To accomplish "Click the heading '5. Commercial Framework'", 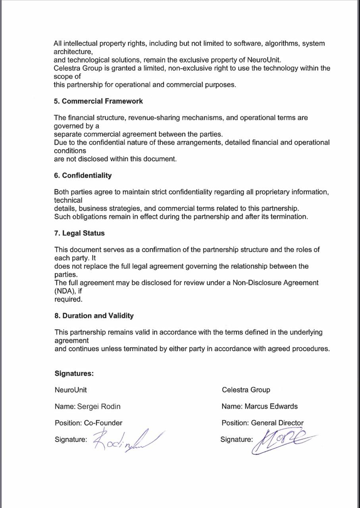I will [98, 101].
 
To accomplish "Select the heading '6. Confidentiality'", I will [83, 175].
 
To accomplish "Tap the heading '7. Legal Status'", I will [79, 233].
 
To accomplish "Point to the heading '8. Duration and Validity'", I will [94, 316].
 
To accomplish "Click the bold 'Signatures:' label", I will [74, 373].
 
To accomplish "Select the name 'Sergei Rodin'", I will [99, 406].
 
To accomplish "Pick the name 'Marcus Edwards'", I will [271, 406].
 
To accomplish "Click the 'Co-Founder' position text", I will [103, 423].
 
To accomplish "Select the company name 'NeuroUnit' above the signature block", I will [71, 390].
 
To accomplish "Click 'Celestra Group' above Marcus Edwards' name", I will [246, 390].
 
